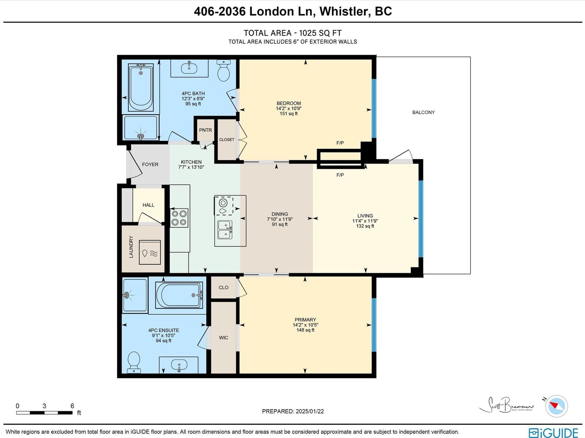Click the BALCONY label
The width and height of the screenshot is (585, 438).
click(423, 112)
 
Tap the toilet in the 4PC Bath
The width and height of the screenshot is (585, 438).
click(223, 70)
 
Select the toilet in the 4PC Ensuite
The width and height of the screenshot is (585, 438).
click(134, 362)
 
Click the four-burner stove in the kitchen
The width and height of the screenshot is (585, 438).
click(179, 218)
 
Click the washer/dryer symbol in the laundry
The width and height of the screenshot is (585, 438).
click(150, 252)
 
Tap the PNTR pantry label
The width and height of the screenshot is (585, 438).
click(205, 130)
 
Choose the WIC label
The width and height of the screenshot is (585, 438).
click(223, 338)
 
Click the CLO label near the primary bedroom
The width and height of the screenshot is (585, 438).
click(223, 287)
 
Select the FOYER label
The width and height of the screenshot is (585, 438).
click(150, 164)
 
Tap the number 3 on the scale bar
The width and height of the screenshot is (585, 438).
click(44, 406)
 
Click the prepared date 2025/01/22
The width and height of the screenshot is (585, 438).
click(310, 411)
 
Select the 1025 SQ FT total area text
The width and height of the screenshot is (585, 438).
click(320, 33)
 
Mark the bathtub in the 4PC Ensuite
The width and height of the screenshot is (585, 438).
click(179, 295)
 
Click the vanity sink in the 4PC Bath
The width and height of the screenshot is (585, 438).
click(189, 68)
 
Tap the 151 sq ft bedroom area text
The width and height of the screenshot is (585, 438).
click(288, 114)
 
